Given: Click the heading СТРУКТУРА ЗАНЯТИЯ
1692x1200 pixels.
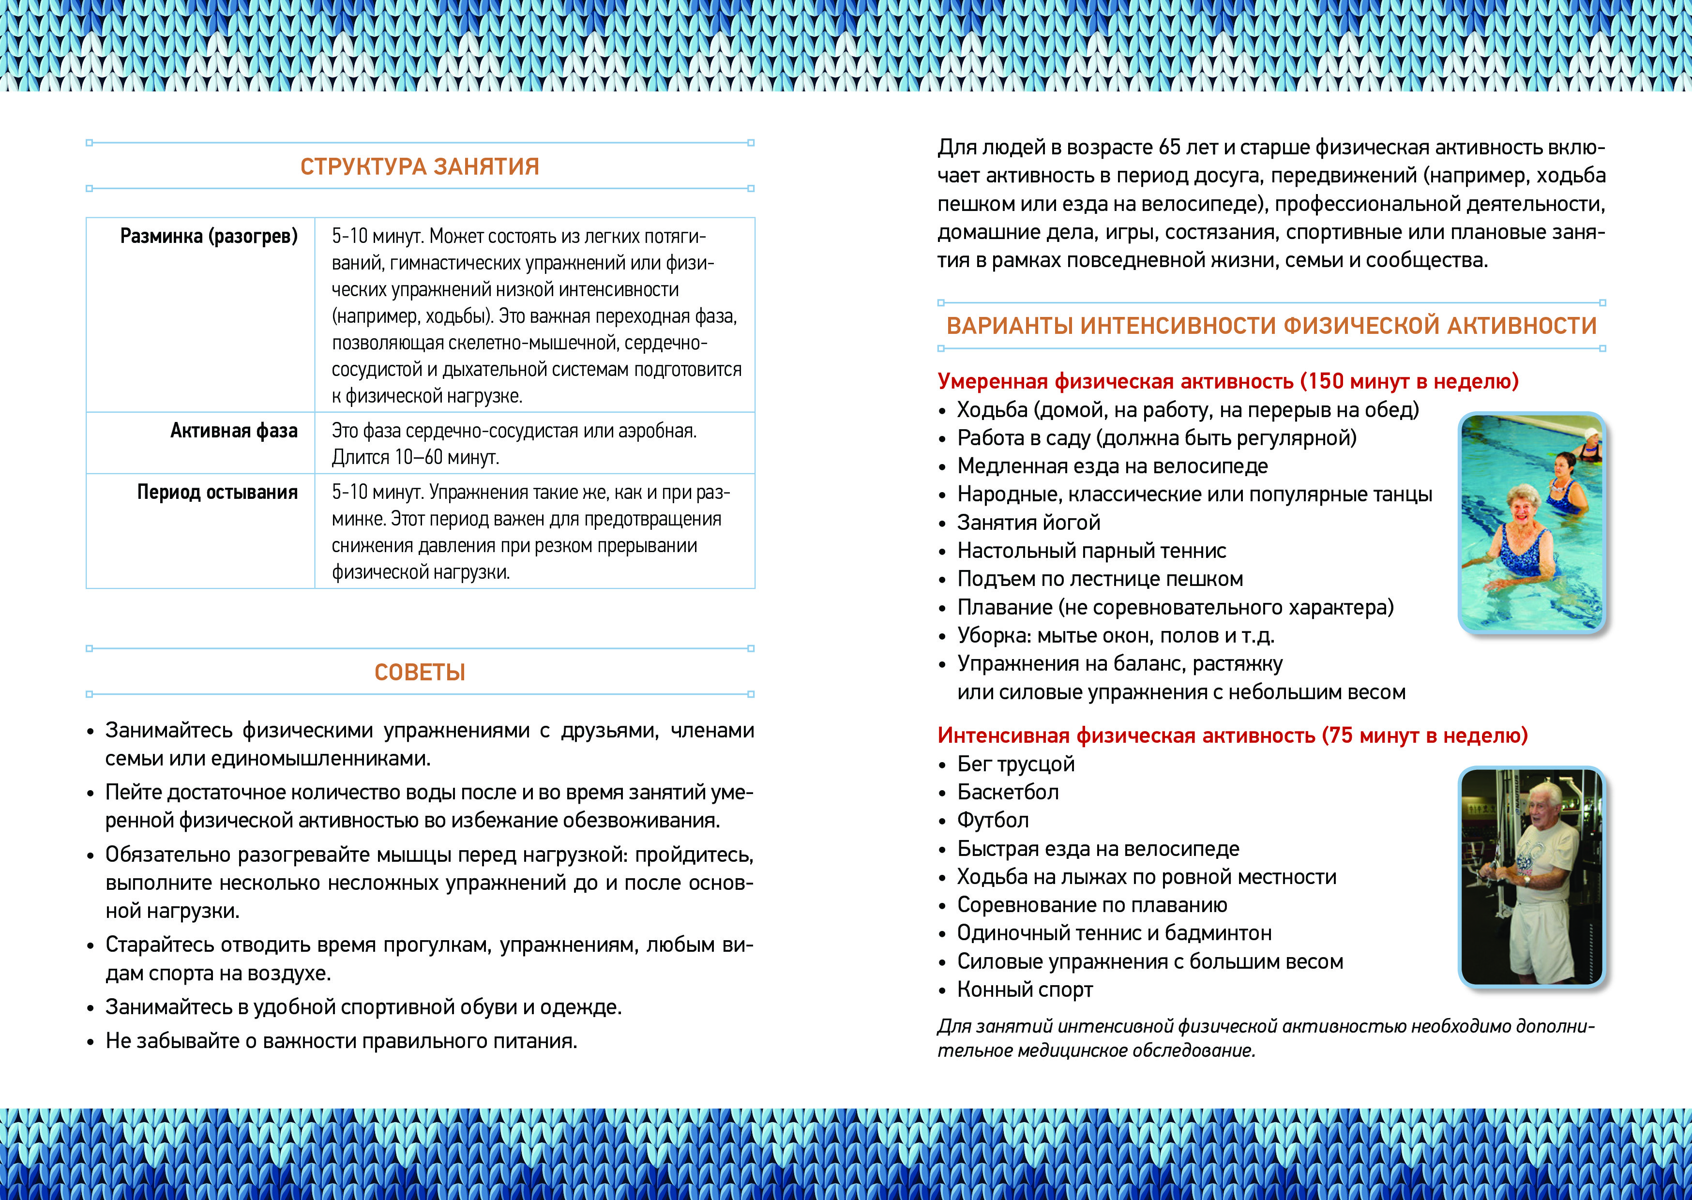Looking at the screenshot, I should (x=420, y=166).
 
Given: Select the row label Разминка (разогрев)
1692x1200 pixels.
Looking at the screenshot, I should (x=209, y=237).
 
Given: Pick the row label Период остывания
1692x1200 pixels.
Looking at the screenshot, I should (x=217, y=492).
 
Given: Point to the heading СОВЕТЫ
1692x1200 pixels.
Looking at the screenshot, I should (x=420, y=673).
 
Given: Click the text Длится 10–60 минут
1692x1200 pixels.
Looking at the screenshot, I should (x=415, y=457).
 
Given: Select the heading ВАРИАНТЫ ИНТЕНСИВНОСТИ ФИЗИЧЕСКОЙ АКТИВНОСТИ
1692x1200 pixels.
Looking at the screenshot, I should (x=1271, y=326).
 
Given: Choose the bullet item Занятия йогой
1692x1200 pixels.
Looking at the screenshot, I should (x=1028, y=523).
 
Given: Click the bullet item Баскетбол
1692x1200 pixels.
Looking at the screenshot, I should (x=1008, y=792).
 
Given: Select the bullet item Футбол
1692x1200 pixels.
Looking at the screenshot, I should (x=993, y=820).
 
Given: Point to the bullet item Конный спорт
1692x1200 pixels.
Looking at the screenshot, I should (x=1025, y=990).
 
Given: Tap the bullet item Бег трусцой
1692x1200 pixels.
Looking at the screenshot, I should (x=1016, y=764).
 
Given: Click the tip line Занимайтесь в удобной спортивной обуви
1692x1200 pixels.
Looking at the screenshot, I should (x=363, y=1007).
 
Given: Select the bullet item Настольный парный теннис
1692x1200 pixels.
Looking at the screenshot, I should (x=1091, y=551).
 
